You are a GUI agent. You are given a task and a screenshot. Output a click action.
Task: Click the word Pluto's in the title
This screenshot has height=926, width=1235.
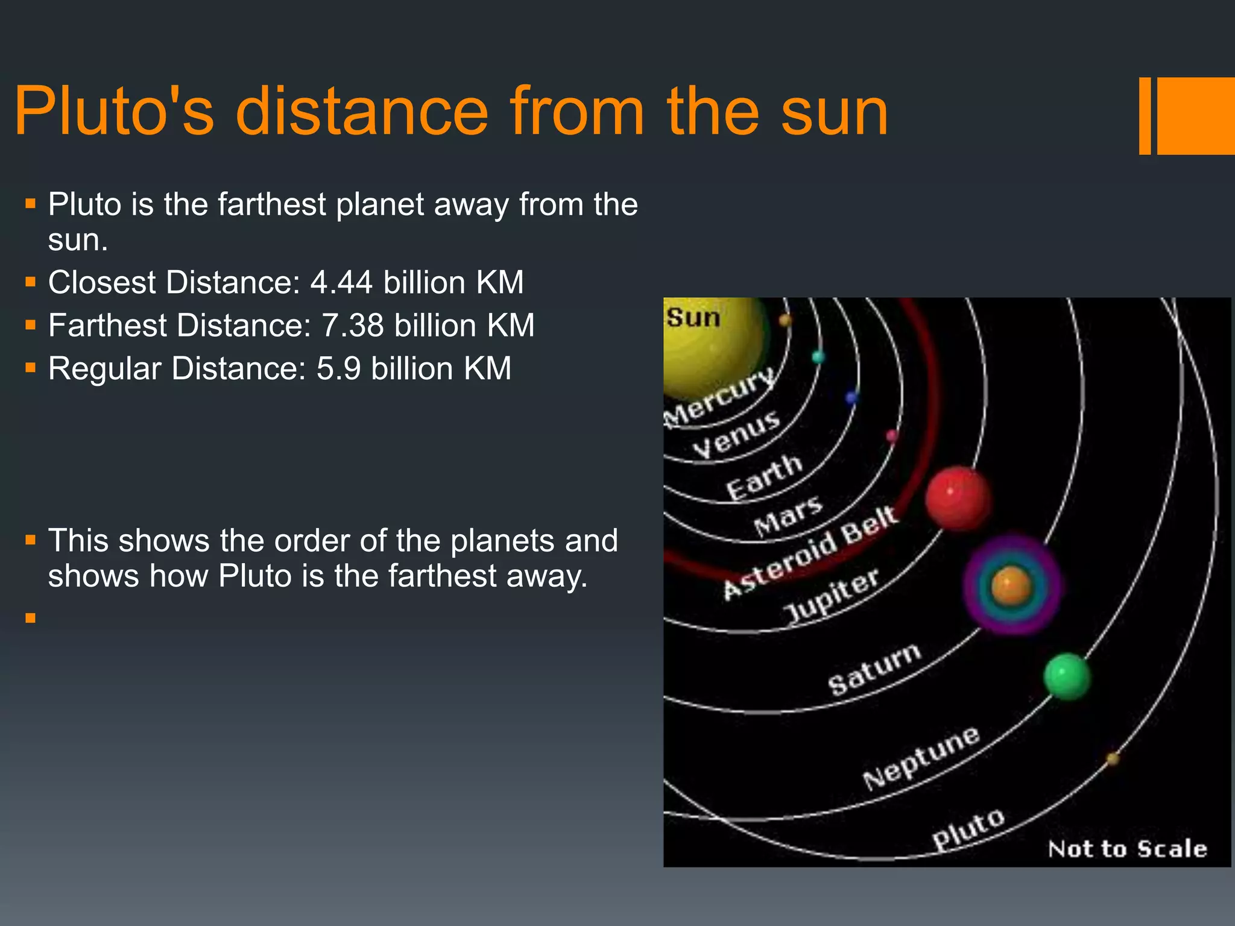tap(115, 112)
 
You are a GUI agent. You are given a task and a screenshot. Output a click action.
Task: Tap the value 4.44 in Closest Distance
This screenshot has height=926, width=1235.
tap(341, 283)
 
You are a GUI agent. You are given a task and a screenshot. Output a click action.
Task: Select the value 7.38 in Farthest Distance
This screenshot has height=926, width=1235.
tap(352, 326)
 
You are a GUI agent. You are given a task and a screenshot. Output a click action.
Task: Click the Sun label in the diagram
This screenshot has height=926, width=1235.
tap(693, 318)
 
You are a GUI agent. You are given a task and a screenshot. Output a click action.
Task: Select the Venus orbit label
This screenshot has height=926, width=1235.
tap(736, 434)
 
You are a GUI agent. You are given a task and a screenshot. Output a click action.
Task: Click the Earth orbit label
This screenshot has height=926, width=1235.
tap(764, 476)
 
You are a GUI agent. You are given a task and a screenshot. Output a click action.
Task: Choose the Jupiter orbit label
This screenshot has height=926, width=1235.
tap(832, 596)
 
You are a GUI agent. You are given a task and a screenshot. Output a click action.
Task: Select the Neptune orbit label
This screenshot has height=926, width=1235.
tap(921, 757)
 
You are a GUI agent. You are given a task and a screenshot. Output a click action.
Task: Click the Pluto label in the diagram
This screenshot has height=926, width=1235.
tap(968, 829)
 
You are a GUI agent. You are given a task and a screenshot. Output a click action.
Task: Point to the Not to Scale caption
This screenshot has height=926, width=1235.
tap(1127, 849)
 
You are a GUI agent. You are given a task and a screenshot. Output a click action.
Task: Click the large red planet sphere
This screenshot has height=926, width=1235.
tap(957, 499)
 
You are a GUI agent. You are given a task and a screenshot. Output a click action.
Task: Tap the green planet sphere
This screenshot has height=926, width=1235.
tap(1067, 676)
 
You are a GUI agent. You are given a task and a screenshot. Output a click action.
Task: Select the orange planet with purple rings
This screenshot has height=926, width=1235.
tap(1012, 585)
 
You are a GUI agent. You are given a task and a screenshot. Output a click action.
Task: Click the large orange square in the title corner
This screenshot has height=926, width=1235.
tap(1195, 116)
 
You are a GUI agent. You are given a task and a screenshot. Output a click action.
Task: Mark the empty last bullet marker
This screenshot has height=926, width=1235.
tap(31, 617)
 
